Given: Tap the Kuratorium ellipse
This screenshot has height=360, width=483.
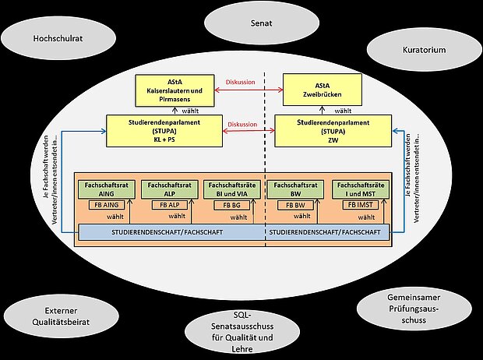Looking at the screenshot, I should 425,49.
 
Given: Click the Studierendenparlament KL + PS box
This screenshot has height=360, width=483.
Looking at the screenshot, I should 164,129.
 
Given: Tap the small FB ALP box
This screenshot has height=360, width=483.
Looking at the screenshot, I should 165,204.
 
